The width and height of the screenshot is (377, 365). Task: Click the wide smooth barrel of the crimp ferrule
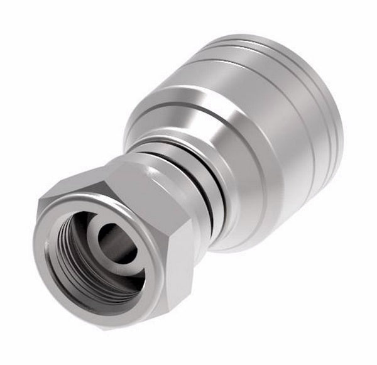264,157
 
